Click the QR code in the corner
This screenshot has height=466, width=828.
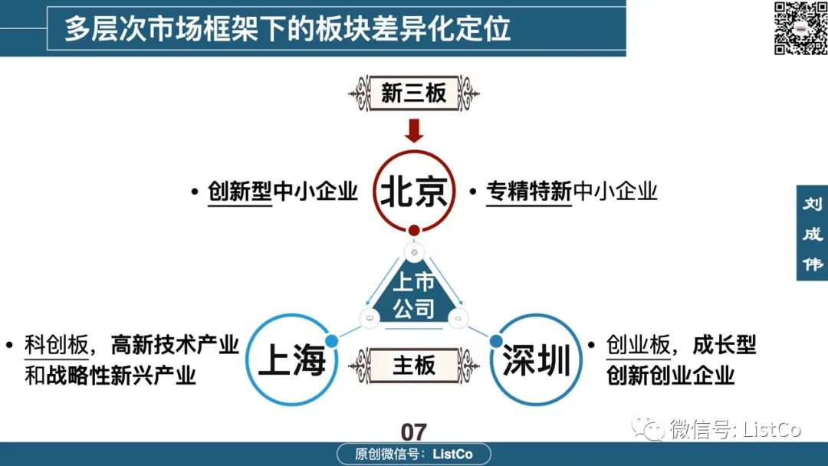pyautogui.click(x=800, y=28)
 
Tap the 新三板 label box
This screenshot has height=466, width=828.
pyautogui.click(x=413, y=94)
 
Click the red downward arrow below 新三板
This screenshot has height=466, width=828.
pyautogui.click(x=414, y=130)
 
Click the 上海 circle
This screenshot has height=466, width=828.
pyautogui.click(x=292, y=359)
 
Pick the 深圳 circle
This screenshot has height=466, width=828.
pyautogui.click(x=536, y=359)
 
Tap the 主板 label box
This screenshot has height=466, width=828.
pyautogui.click(x=413, y=365)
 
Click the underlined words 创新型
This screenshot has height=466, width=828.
pyautogui.click(x=240, y=191)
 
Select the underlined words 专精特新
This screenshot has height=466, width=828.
pyautogui.click(x=528, y=191)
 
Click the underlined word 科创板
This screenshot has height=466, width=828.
pyautogui.click(x=57, y=346)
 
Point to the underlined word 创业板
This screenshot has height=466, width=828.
pyautogui.click(x=639, y=346)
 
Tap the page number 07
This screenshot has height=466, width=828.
pyautogui.click(x=413, y=432)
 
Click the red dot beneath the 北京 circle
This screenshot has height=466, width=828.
pyautogui.click(x=414, y=230)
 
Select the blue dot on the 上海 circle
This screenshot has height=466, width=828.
pyautogui.click(x=332, y=341)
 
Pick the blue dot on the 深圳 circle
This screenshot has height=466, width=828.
pyautogui.click(x=496, y=341)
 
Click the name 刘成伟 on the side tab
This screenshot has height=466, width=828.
pyautogui.click(x=813, y=233)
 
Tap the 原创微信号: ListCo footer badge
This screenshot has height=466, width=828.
pyautogui.click(x=414, y=454)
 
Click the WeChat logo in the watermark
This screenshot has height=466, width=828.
pyautogui.click(x=648, y=428)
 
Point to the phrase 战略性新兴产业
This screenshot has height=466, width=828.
pyautogui.click(x=121, y=376)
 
